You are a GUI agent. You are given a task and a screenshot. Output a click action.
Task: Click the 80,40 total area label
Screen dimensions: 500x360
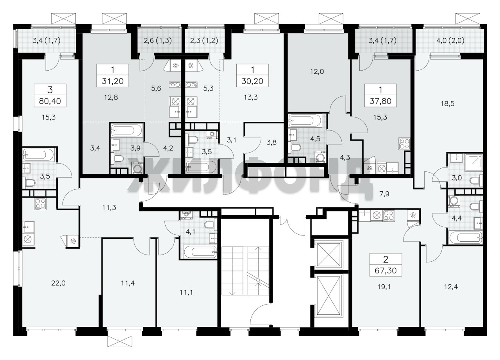click(50, 101)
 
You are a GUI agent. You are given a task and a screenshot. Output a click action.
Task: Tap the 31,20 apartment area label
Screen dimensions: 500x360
click(113, 81)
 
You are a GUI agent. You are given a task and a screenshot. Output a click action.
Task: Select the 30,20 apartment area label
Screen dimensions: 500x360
click(252, 81)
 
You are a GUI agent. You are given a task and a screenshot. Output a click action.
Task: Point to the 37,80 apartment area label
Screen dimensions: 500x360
click(380, 101)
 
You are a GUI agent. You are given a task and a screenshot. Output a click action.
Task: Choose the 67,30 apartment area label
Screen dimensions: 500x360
click(386, 271)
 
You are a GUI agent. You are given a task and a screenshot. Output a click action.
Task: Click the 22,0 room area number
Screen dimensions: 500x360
click(59, 283)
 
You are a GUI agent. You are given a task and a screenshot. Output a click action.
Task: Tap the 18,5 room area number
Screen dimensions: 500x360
click(448, 104)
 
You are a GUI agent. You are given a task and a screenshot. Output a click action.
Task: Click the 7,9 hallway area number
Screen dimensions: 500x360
click(384, 194)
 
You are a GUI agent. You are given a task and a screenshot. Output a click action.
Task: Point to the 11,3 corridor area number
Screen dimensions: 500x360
click(109, 208)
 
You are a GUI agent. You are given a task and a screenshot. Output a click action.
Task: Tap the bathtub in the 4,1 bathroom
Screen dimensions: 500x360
click(200, 251)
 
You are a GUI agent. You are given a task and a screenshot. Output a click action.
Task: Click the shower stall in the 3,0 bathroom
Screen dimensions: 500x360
click(474, 162)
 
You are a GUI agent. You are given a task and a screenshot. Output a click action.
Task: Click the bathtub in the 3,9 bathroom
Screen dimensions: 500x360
click(127, 130)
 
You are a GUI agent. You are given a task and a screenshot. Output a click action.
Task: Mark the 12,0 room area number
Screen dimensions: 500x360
click(317, 71)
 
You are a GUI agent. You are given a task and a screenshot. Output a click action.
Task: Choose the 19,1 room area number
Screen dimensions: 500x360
click(384, 287)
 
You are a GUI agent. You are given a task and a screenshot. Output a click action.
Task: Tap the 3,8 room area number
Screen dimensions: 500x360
click(271, 142)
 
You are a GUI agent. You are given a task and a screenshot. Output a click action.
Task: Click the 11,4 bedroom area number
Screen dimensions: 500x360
click(128, 283)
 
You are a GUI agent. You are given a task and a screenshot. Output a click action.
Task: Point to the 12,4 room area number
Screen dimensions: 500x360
click(451, 287)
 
